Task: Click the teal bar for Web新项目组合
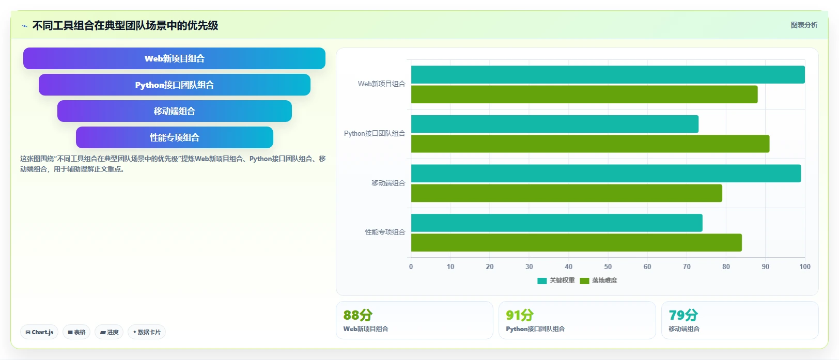608,74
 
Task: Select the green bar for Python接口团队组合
590,144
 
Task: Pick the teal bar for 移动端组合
605,174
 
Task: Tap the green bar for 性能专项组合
576,243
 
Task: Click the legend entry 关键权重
556,280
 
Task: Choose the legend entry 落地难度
598,280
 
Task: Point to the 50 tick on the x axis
608,267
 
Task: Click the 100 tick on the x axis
805,267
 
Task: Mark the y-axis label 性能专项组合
385,232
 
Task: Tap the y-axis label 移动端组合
389,183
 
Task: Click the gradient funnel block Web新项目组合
174,58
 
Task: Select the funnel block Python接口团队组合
175,85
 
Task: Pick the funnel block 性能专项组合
175,137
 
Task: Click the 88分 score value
358,315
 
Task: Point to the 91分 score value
520,315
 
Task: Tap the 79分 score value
683,315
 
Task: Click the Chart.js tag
39,332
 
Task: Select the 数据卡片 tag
146,332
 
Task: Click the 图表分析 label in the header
804,25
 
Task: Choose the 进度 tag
109,332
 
